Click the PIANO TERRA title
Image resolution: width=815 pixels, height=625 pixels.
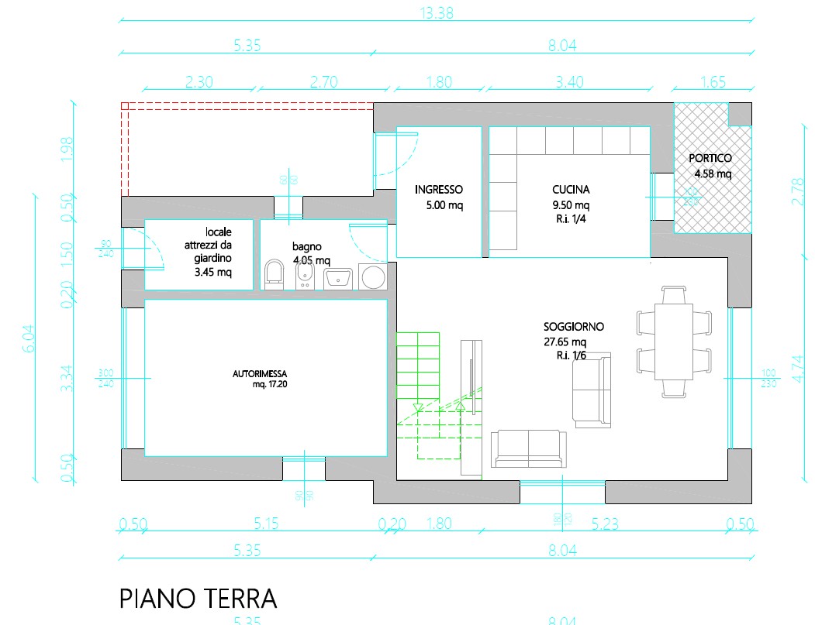(x=198, y=598)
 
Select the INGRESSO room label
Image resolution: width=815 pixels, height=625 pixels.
(x=438, y=189)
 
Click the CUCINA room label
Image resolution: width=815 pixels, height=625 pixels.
(x=571, y=189)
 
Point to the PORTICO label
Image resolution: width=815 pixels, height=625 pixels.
(x=710, y=158)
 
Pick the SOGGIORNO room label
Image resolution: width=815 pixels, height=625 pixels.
(x=574, y=327)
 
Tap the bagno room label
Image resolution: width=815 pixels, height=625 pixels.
(x=308, y=246)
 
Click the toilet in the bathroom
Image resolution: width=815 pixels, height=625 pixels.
(x=274, y=274)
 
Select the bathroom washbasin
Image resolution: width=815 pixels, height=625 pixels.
(x=338, y=278)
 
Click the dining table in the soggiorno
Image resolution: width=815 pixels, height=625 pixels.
(x=673, y=341)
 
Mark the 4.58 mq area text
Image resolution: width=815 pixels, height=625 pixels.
(x=713, y=173)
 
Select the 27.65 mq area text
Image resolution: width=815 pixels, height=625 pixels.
(x=565, y=342)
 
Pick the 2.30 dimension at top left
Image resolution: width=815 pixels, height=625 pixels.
(x=199, y=81)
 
